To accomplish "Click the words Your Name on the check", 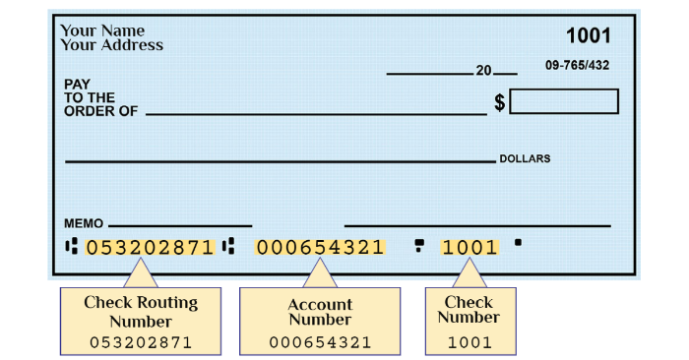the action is click(102, 30).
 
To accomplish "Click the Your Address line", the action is click(111, 45).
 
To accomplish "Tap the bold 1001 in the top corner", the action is click(588, 36).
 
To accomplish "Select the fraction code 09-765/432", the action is click(577, 65).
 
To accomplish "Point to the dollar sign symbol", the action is click(499, 102).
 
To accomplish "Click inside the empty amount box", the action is click(564, 101).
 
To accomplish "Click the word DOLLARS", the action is click(525, 158).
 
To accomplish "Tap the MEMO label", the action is click(83, 223).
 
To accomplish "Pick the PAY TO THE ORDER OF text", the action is click(100, 98).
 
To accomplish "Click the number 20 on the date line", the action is click(483, 71).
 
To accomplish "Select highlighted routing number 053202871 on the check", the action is click(150, 247).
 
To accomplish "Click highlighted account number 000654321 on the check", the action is click(320, 247).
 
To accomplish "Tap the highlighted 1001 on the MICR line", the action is click(470, 247).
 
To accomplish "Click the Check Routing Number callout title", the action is click(141, 311).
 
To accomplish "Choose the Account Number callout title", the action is click(320, 312).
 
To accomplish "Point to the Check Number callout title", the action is click(469, 310).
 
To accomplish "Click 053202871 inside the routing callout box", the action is click(141, 342).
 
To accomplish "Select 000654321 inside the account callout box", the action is click(320, 342).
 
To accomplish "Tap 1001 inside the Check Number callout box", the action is click(469, 342).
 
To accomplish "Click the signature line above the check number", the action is click(477, 226).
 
